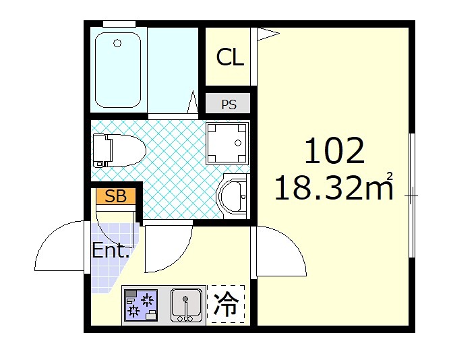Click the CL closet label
(229, 58)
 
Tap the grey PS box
(229, 104)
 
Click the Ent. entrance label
(111, 251)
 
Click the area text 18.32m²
(334, 188)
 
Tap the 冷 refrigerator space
(226, 305)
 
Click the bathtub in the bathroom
(117, 69)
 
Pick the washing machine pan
(227, 143)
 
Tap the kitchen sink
(186, 305)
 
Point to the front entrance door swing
(61, 247)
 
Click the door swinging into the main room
(280, 251)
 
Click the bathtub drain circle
(117, 44)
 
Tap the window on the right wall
(411, 196)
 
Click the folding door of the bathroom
(192, 103)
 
